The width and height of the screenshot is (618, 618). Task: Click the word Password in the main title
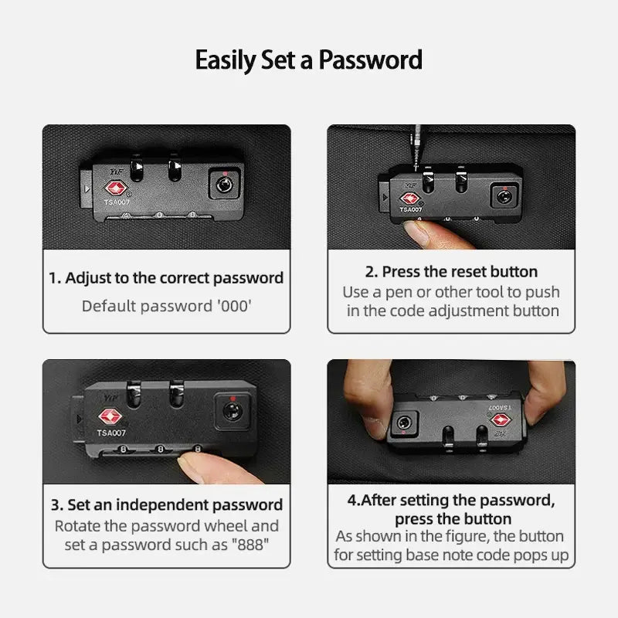(x=370, y=60)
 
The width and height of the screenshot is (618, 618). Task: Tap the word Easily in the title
(x=226, y=61)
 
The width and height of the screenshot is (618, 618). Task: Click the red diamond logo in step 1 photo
(x=115, y=188)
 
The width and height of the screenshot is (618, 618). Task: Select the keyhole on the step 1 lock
(x=224, y=184)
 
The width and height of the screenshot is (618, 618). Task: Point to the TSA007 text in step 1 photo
(x=117, y=202)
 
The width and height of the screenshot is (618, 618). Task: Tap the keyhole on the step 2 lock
(x=504, y=196)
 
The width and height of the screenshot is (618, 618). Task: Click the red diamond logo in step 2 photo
(x=409, y=199)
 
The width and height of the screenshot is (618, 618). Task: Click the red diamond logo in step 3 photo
(x=110, y=416)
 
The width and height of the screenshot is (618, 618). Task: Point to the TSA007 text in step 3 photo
(x=111, y=433)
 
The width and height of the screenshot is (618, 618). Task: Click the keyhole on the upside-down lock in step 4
(x=404, y=423)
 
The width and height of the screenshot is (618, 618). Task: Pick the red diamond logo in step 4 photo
(x=500, y=419)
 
